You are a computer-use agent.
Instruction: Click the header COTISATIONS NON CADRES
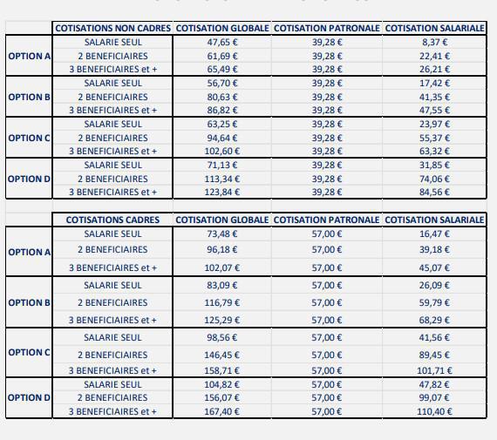pos(113,28)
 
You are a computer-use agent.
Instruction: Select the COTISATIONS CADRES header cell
pos(113,220)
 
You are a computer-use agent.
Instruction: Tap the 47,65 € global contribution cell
pos(223,42)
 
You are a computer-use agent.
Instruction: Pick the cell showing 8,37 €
pos(434,42)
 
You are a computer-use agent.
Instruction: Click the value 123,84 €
pos(223,192)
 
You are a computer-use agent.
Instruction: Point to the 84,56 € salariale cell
pos(434,192)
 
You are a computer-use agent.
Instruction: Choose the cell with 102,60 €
pos(223,151)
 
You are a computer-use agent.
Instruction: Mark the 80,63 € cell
pos(223,97)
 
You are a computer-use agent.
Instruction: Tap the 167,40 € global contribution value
pos(223,411)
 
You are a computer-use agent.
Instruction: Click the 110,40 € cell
pos(434,411)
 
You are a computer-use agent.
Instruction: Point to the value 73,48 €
pos(223,234)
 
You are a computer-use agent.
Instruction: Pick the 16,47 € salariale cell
pos(434,234)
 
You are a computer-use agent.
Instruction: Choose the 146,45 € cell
pos(223,355)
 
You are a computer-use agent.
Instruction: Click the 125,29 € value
pos(223,320)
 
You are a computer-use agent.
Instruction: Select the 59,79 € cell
pos(434,303)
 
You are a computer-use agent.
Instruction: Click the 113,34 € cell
pos(223,179)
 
